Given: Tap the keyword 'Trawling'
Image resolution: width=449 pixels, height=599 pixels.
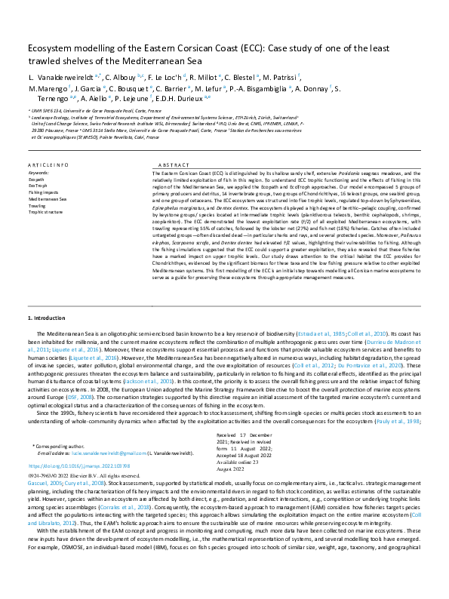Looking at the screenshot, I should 38,205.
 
